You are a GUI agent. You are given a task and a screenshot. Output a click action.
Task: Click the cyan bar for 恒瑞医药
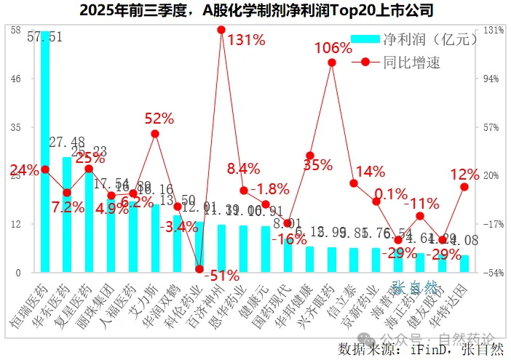tap(45, 153)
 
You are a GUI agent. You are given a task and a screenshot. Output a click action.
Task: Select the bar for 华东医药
tap(67, 215)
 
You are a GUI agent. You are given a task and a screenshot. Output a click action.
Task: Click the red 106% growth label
tap(333, 49)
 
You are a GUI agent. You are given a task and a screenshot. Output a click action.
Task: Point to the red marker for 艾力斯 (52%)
tap(155, 134)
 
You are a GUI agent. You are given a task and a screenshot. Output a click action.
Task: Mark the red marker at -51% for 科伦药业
tap(199, 269)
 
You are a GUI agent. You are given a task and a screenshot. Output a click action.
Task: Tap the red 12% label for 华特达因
tap(465, 175)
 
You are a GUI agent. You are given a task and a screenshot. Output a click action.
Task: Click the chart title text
tap(255, 10)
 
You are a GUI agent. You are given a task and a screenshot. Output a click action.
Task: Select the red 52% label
tap(159, 118)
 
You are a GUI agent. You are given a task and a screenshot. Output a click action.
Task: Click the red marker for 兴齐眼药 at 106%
tap(332, 63)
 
